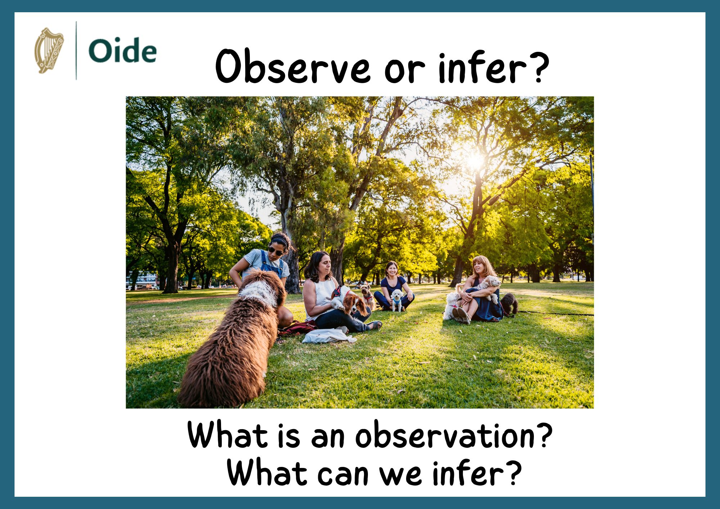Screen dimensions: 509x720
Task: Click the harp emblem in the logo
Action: point(49,50)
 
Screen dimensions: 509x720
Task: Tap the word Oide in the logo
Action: point(122,51)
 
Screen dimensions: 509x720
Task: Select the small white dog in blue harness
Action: point(397,300)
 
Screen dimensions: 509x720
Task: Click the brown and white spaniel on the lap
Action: point(351,301)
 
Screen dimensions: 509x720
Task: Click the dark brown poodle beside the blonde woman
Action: point(510,302)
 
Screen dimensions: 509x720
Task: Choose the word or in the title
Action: point(405,68)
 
